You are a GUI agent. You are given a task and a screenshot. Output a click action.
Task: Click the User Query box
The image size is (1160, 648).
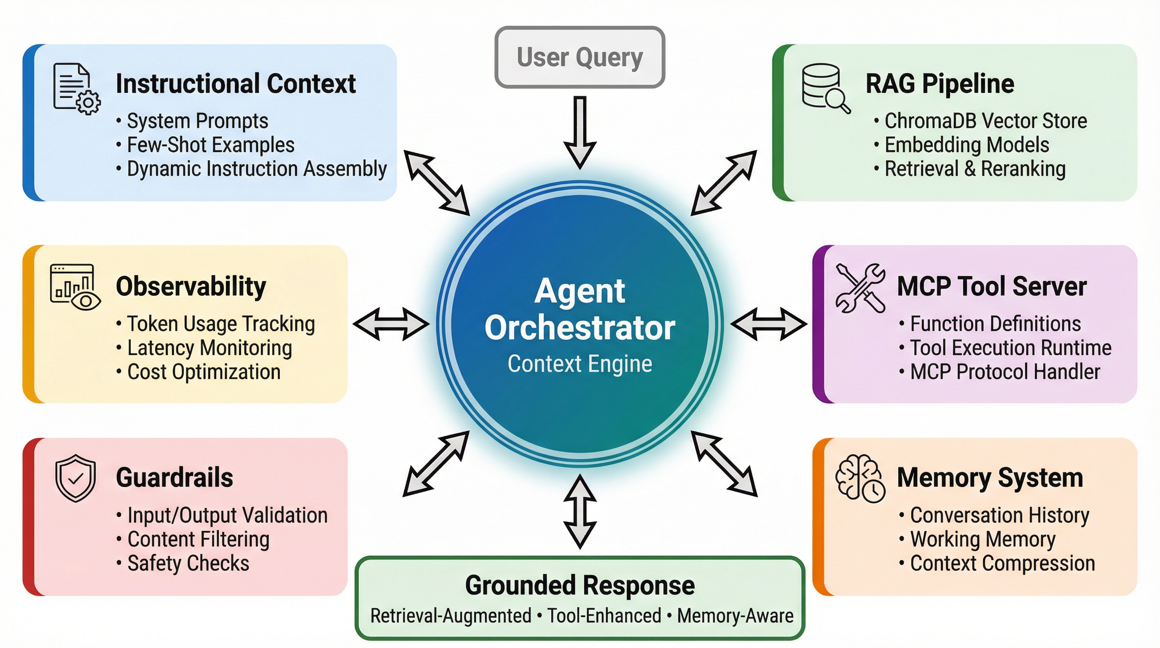point(580,57)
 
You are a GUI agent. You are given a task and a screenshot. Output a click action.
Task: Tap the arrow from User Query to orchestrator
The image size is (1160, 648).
point(580,133)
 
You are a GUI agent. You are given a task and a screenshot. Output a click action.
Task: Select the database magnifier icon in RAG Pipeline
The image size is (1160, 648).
point(825,88)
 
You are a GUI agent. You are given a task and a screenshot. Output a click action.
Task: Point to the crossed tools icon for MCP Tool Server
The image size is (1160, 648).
point(860,287)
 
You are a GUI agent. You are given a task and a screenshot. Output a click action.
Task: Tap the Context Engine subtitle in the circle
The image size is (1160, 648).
point(580,364)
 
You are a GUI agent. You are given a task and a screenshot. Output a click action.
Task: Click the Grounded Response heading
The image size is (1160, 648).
point(580,585)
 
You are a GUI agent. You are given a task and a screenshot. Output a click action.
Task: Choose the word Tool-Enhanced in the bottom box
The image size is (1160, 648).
point(604,616)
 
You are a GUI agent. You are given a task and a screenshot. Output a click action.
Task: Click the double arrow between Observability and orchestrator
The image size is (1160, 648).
point(391,324)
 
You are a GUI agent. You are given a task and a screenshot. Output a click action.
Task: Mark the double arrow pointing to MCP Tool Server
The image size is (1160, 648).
point(768,324)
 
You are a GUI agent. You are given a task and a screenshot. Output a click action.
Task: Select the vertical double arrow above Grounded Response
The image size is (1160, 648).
point(580,511)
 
